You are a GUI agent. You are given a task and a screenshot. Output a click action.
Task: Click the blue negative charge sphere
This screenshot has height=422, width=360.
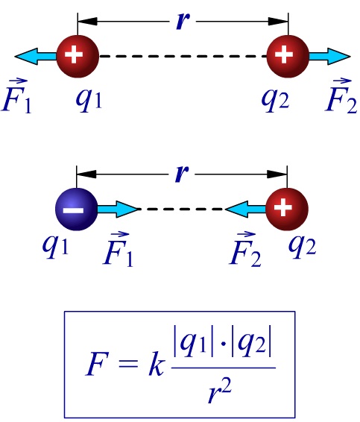point(77,209)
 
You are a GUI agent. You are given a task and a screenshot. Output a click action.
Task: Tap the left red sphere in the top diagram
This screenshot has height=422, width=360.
point(78,56)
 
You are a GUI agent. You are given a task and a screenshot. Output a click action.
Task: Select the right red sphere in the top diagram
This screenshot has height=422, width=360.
point(288,56)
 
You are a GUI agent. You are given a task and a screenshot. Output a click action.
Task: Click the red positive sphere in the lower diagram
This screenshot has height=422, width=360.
point(287,209)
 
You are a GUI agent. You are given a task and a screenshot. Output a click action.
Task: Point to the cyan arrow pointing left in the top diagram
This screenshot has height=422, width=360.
point(36,56)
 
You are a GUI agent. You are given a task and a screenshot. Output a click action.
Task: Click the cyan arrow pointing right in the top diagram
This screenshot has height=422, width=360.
point(330,56)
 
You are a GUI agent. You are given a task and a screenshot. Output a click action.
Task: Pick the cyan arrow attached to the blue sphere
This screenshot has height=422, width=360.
point(118,209)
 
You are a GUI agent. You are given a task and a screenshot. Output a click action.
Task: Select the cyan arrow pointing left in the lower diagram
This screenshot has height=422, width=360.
point(245,209)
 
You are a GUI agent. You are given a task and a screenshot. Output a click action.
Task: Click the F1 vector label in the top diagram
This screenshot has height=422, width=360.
point(16,95)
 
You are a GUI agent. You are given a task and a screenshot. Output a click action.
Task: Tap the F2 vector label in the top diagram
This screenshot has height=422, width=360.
point(341,95)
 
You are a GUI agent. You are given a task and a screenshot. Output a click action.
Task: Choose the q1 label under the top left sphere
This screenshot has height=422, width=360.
point(89,100)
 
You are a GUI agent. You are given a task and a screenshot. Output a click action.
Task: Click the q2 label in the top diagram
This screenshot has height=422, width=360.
point(276,100)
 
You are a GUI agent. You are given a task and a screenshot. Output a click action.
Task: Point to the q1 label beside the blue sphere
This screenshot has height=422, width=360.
point(55,247)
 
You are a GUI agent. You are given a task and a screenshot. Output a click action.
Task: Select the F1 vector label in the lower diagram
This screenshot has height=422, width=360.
point(119,249)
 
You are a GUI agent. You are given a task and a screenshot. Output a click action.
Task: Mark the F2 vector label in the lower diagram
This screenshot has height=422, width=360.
point(245,249)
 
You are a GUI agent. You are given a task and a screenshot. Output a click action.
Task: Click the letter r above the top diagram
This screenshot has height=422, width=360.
point(183,21)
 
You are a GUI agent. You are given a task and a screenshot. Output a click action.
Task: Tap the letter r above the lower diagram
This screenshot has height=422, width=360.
point(182,174)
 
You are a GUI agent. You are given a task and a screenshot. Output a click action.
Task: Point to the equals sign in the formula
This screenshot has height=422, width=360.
point(127,367)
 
